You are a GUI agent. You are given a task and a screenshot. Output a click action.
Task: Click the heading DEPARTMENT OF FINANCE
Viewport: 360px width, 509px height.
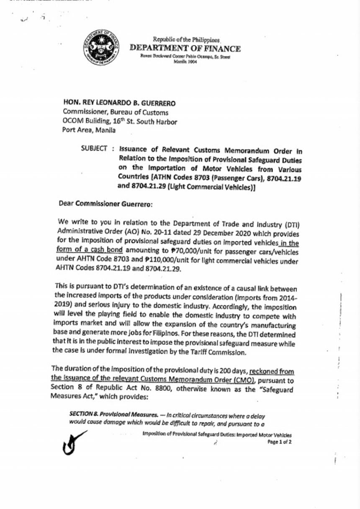pyautogui.click(x=185, y=49)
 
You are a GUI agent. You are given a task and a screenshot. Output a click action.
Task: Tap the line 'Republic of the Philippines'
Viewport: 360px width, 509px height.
pyautogui.click(x=186, y=40)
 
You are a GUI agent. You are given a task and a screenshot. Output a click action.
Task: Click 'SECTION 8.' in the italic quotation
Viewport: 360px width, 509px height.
pyautogui.click(x=83, y=413)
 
